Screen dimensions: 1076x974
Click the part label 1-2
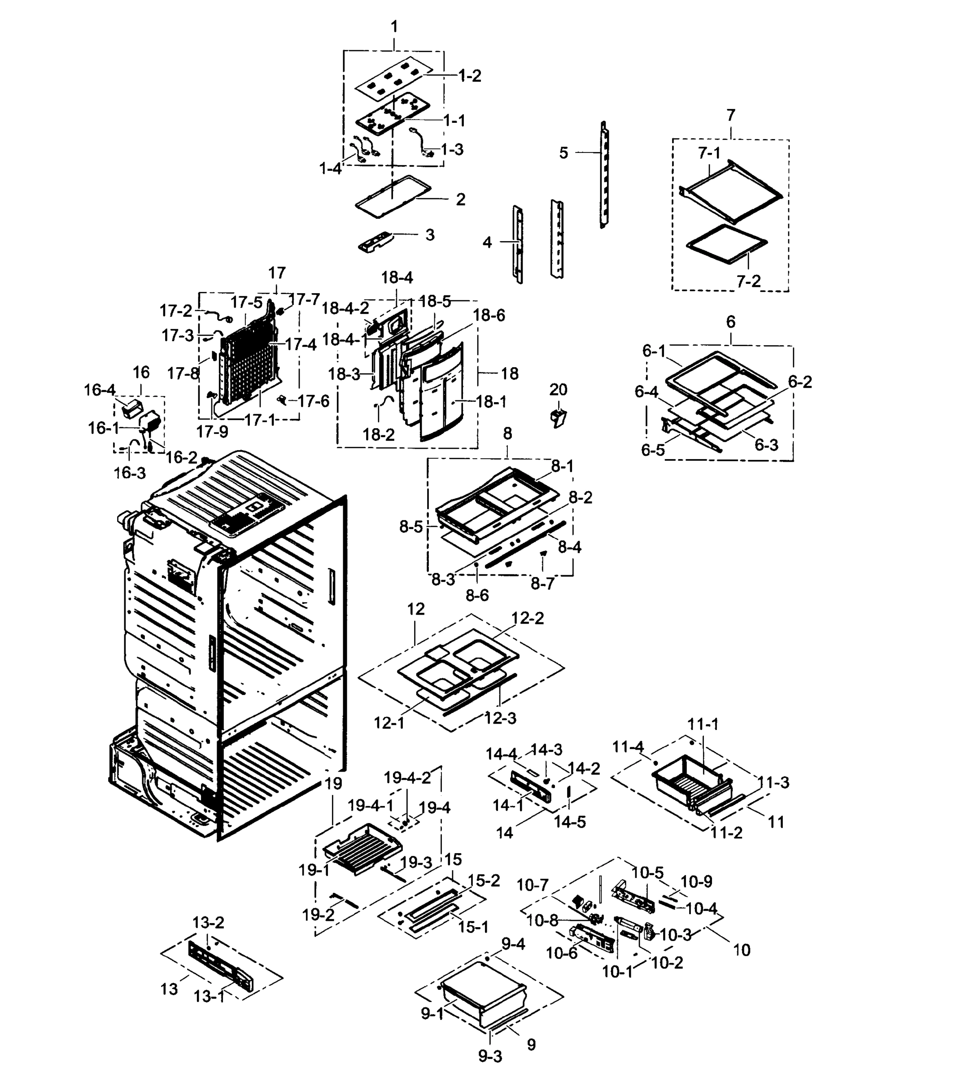pos(469,76)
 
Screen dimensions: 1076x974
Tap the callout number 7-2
pos(748,281)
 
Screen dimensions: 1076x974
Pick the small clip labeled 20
pos(559,418)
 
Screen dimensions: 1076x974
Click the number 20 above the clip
pos(558,390)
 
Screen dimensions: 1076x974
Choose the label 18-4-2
pos(345,308)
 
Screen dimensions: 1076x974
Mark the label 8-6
pos(477,595)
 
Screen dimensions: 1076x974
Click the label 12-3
pos(500,718)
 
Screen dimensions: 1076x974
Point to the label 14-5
pos(569,821)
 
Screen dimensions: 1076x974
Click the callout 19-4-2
pos(407,778)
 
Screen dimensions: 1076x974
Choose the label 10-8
pos(542,920)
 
